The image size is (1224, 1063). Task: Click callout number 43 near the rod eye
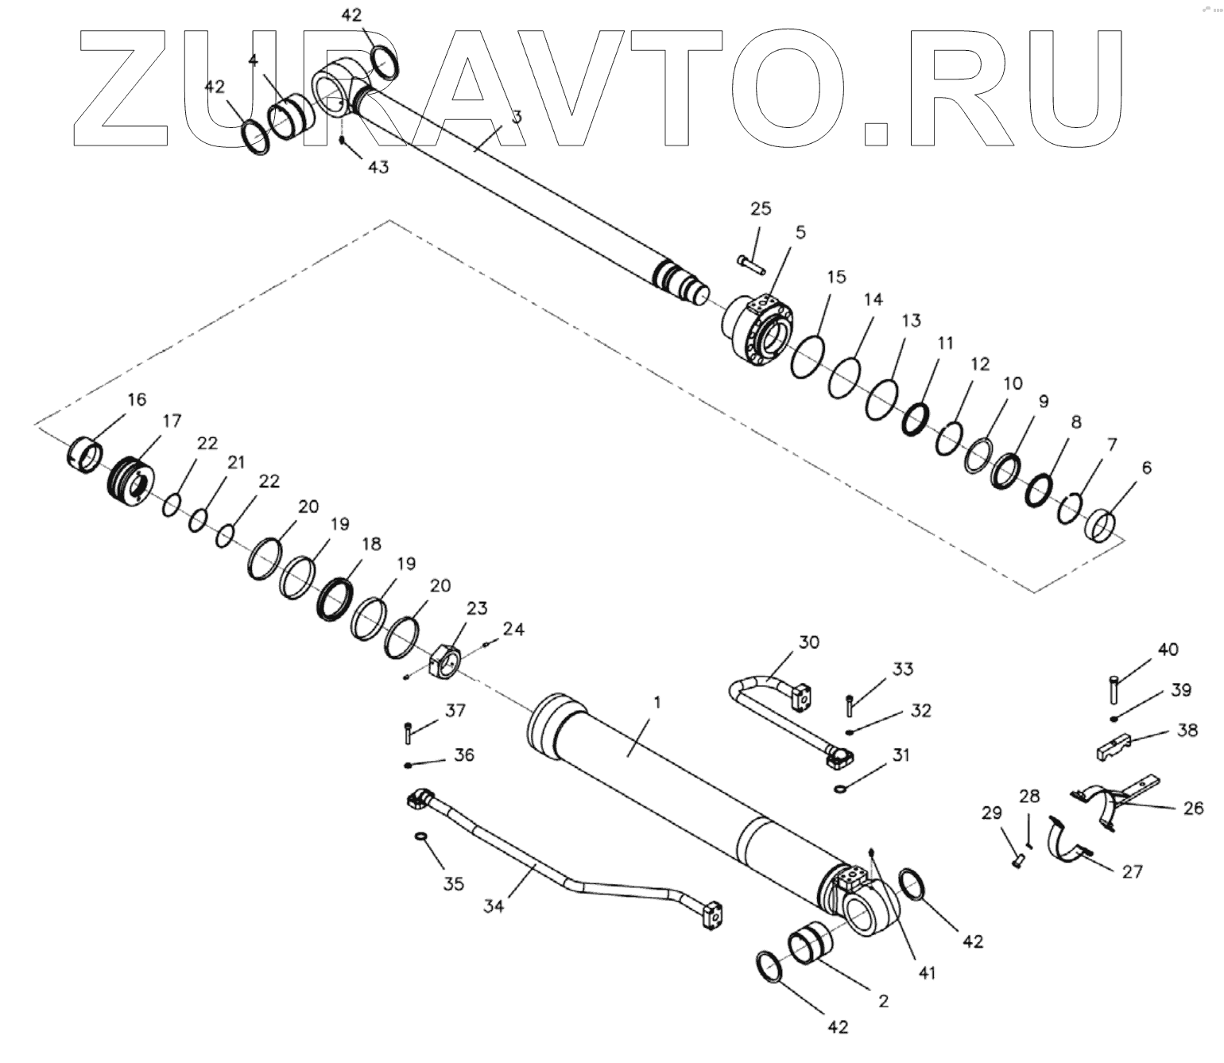pos(378,168)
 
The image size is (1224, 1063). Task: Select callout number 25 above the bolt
pos(761,208)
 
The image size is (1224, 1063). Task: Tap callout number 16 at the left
pos(137,399)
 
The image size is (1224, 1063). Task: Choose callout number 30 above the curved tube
pos(808,642)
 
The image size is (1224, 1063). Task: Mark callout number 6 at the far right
pos(1146,467)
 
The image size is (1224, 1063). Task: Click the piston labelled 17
pos(131,479)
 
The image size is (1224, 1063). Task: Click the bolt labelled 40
pos(1114,689)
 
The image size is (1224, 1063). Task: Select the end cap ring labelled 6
pos(1102,525)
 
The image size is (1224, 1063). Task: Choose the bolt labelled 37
pos(409,731)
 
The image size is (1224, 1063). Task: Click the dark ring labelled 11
pos(916,418)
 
